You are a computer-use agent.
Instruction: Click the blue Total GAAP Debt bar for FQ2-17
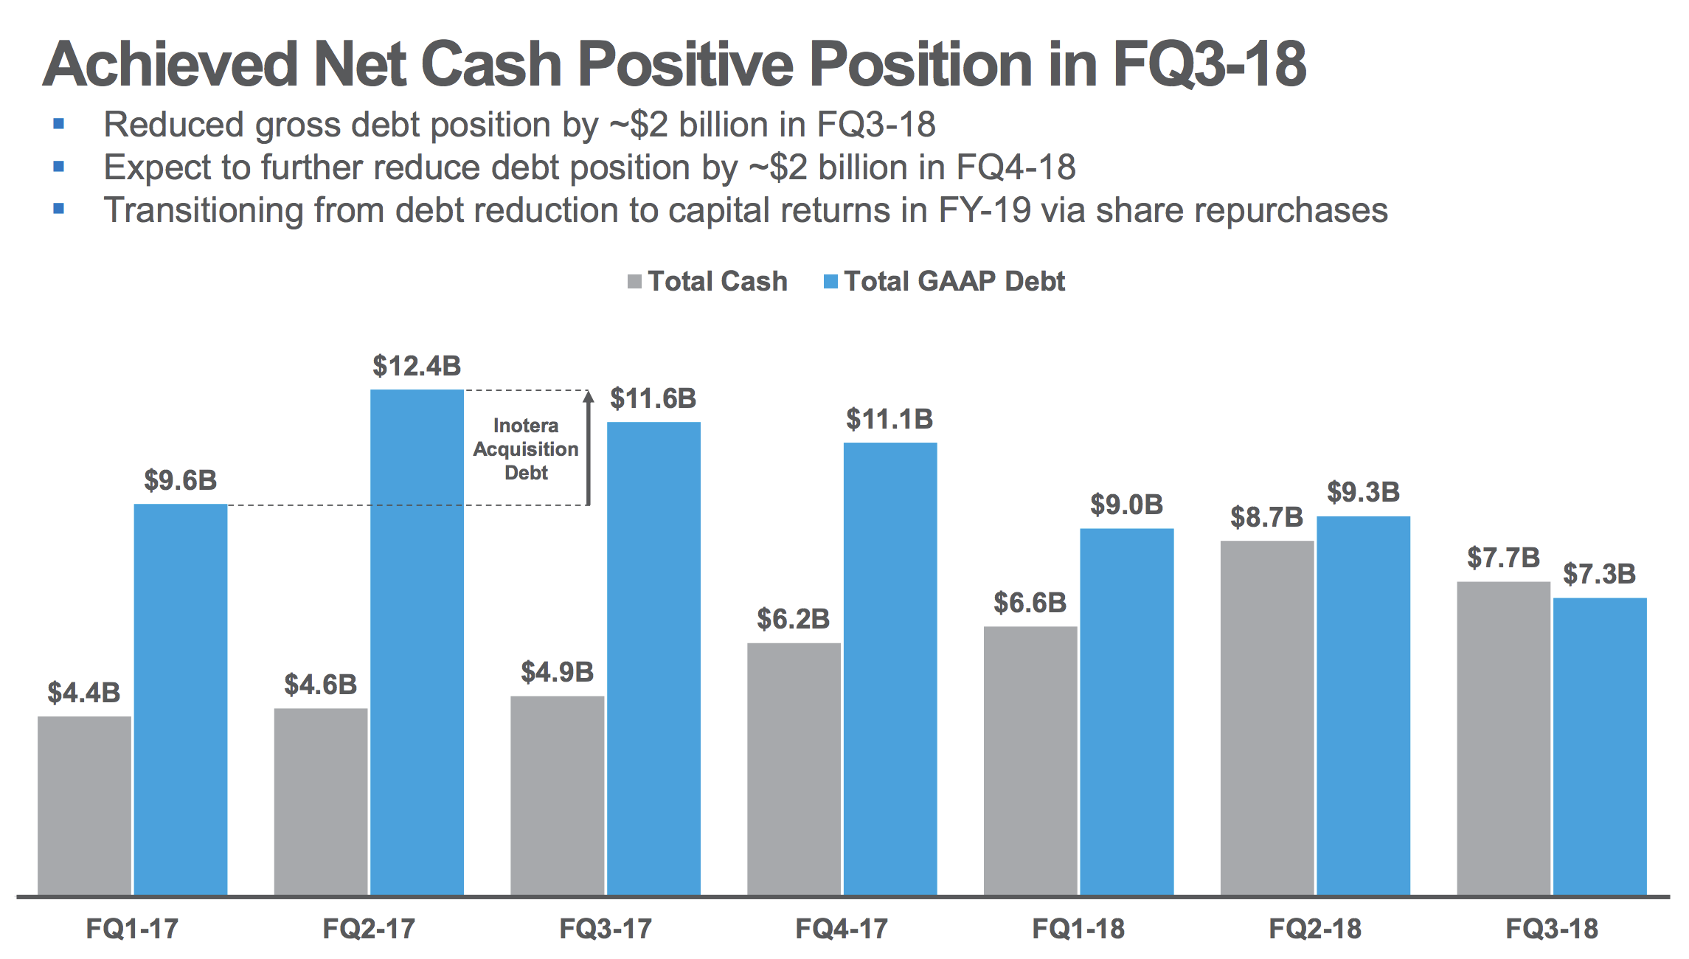[x=417, y=642]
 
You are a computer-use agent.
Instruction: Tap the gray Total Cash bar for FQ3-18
[x=1503, y=738]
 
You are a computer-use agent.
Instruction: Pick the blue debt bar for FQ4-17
[x=890, y=668]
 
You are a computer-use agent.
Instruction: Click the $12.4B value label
[x=417, y=366]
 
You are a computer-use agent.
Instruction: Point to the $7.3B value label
[x=1599, y=574]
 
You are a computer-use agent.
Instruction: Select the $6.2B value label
[x=793, y=619]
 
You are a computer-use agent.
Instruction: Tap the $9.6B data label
[x=180, y=480]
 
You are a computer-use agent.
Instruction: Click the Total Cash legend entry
[x=708, y=281]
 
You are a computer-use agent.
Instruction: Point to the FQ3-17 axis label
[x=606, y=928]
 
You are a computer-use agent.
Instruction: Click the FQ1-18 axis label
[x=1078, y=928]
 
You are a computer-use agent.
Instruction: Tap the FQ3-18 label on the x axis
[x=1552, y=928]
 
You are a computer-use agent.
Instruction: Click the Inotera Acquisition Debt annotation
[x=526, y=449]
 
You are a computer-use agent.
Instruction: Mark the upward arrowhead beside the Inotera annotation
[x=589, y=398]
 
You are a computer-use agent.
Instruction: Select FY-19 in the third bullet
[x=984, y=210]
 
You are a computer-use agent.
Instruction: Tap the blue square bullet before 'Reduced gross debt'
[x=59, y=124]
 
